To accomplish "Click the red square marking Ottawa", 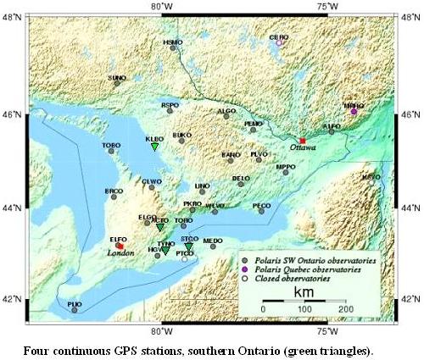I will pos(302,141).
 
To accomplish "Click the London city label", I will pos(120,252).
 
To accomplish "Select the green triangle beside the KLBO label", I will pos(155,147).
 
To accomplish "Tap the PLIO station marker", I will pos(75,310).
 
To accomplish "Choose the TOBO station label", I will pos(111,145).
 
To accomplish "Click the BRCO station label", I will pos(114,191).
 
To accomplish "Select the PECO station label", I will pos(262,205).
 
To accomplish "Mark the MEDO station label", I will pos(213,241).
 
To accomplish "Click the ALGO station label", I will pos(226,110).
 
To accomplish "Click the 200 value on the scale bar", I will pos(346,310).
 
